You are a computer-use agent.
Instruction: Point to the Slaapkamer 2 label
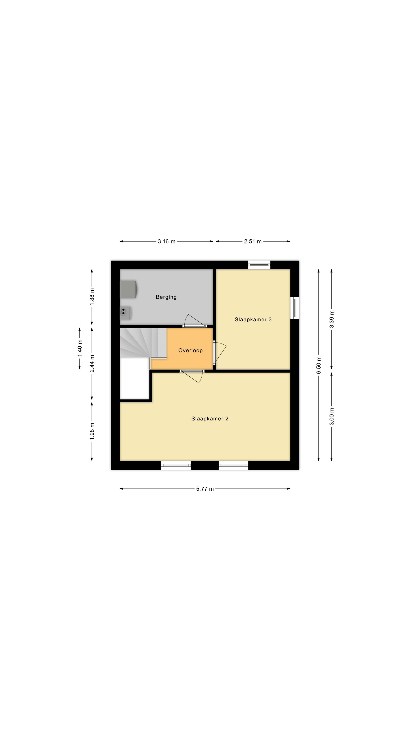210,419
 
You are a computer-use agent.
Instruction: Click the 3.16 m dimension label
166,241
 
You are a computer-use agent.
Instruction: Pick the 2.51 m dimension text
253,241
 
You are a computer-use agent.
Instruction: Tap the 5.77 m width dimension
205,489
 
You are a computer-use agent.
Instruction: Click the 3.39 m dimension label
332,319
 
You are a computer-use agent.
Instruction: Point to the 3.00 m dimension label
332,416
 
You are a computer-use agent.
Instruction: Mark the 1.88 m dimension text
92,297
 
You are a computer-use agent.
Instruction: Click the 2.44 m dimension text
92,364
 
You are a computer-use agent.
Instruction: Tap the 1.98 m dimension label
92,431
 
